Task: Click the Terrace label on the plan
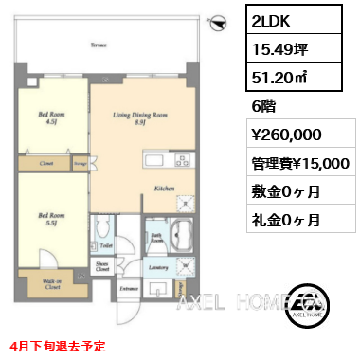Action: pos(97,45)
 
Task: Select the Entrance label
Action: pos(128,286)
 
